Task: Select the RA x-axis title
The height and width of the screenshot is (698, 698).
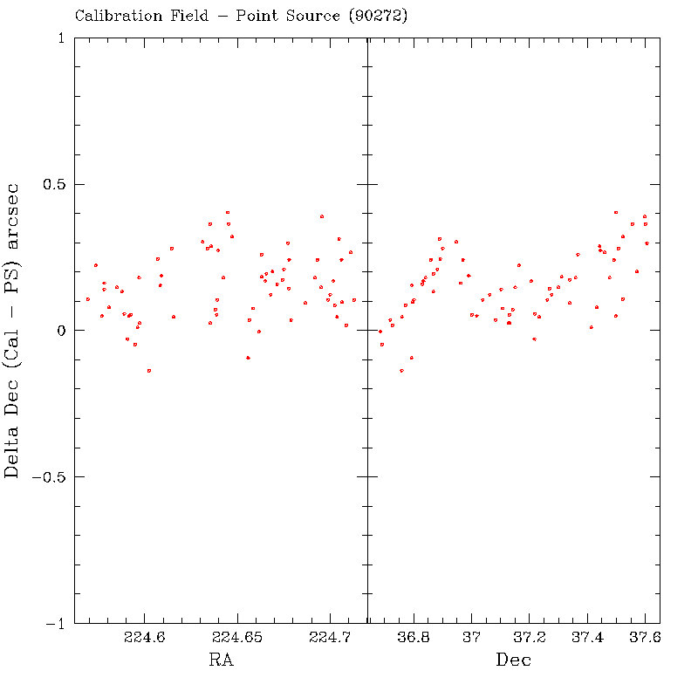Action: (221, 660)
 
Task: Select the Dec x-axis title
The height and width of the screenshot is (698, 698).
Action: (514, 660)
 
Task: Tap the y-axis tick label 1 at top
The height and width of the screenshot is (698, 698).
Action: (60, 38)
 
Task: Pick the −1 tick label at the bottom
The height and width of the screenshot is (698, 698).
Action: (55, 624)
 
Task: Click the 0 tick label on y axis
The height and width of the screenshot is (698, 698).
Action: (60, 331)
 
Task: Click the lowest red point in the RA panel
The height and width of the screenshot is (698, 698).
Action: (149, 371)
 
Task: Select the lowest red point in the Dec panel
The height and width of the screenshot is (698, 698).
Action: (401, 371)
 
